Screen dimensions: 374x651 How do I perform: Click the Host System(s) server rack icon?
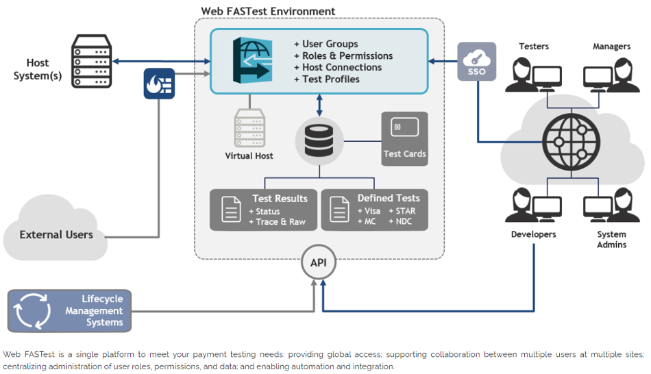click(x=90, y=61)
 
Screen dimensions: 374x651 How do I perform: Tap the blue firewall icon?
click(x=159, y=84)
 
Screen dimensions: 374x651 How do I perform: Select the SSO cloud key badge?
click(x=476, y=62)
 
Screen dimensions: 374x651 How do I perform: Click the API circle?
click(x=319, y=262)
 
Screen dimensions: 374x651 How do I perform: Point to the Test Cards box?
click(x=404, y=139)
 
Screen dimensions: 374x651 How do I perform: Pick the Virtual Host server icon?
click(x=249, y=128)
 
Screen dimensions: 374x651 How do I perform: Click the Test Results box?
click(x=264, y=210)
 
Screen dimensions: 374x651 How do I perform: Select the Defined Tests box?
click(x=375, y=210)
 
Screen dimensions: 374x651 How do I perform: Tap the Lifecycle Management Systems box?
click(x=69, y=310)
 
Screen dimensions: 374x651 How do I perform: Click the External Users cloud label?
click(x=56, y=234)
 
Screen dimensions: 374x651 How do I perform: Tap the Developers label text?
click(x=534, y=234)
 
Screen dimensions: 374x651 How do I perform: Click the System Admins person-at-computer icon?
click(x=607, y=205)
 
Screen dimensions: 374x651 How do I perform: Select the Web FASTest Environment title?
click(x=268, y=11)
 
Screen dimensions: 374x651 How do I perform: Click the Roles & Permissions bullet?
click(x=343, y=55)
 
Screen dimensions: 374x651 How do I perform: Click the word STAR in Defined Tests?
click(x=405, y=211)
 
